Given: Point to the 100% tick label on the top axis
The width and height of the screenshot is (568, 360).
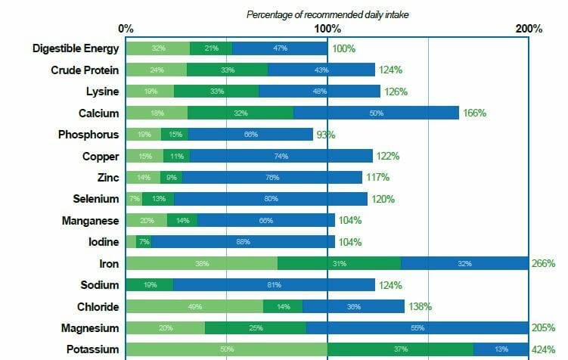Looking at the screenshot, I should pos(327,29).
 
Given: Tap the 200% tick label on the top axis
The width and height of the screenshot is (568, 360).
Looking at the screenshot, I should pos(529,29).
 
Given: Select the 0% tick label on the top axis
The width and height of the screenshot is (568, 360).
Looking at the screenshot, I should pos(126,29).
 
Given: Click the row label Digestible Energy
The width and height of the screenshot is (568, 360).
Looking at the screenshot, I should pos(76,48).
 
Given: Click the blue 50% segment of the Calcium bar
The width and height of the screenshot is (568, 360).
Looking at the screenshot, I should pos(376,113).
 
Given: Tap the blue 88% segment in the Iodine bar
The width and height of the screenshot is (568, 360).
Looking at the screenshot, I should pos(243,242).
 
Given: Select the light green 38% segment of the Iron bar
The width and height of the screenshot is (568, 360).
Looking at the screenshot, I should pos(202,264).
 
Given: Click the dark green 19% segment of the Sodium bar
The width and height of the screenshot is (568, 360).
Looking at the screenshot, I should pos(149,285).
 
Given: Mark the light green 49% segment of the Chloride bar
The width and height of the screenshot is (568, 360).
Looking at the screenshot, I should pos(194,306).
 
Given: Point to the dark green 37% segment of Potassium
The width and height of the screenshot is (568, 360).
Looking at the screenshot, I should pos(400,349).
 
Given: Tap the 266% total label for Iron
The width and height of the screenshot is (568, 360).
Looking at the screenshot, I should pos(543,264).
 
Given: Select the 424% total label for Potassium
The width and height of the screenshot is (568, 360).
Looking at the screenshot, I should pos(543,349).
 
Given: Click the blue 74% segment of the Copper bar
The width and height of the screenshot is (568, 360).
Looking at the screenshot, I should pos(281,156).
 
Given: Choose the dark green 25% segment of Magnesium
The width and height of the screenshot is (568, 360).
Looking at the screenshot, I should pos(256,328).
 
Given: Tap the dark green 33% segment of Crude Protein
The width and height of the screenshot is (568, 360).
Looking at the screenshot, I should pos(227,70).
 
